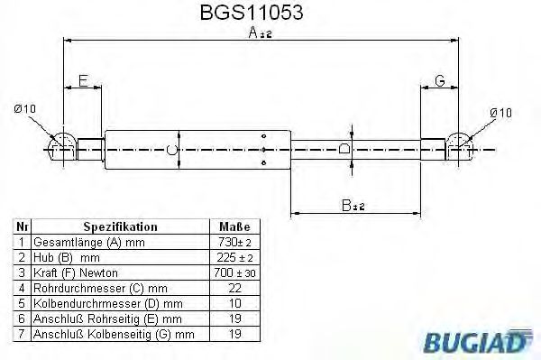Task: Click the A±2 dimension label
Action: [261, 33]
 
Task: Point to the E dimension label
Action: [83, 81]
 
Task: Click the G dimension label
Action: [440, 81]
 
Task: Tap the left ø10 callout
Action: [25, 109]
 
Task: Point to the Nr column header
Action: [23, 226]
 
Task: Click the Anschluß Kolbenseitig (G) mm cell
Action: [113, 334]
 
